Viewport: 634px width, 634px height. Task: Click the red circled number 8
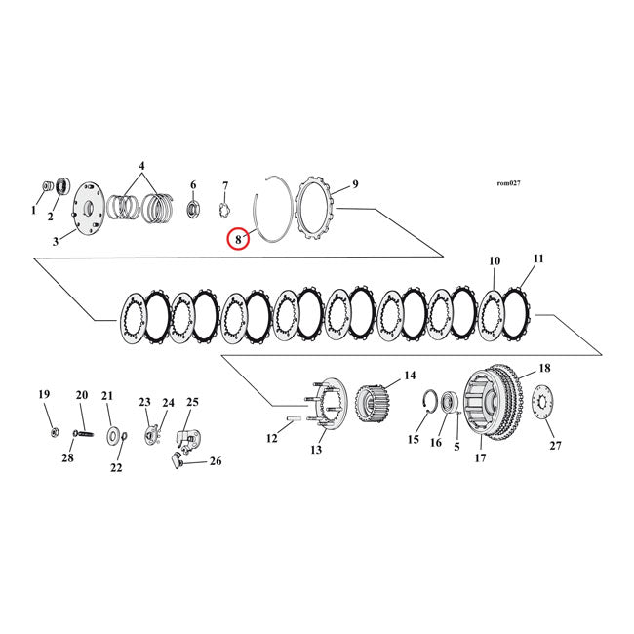click(x=237, y=238)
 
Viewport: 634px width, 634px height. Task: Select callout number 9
click(x=355, y=183)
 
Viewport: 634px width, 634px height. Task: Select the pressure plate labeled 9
click(x=317, y=207)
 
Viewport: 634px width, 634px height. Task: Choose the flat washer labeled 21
click(x=114, y=433)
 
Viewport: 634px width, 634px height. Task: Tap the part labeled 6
click(x=192, y=207)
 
